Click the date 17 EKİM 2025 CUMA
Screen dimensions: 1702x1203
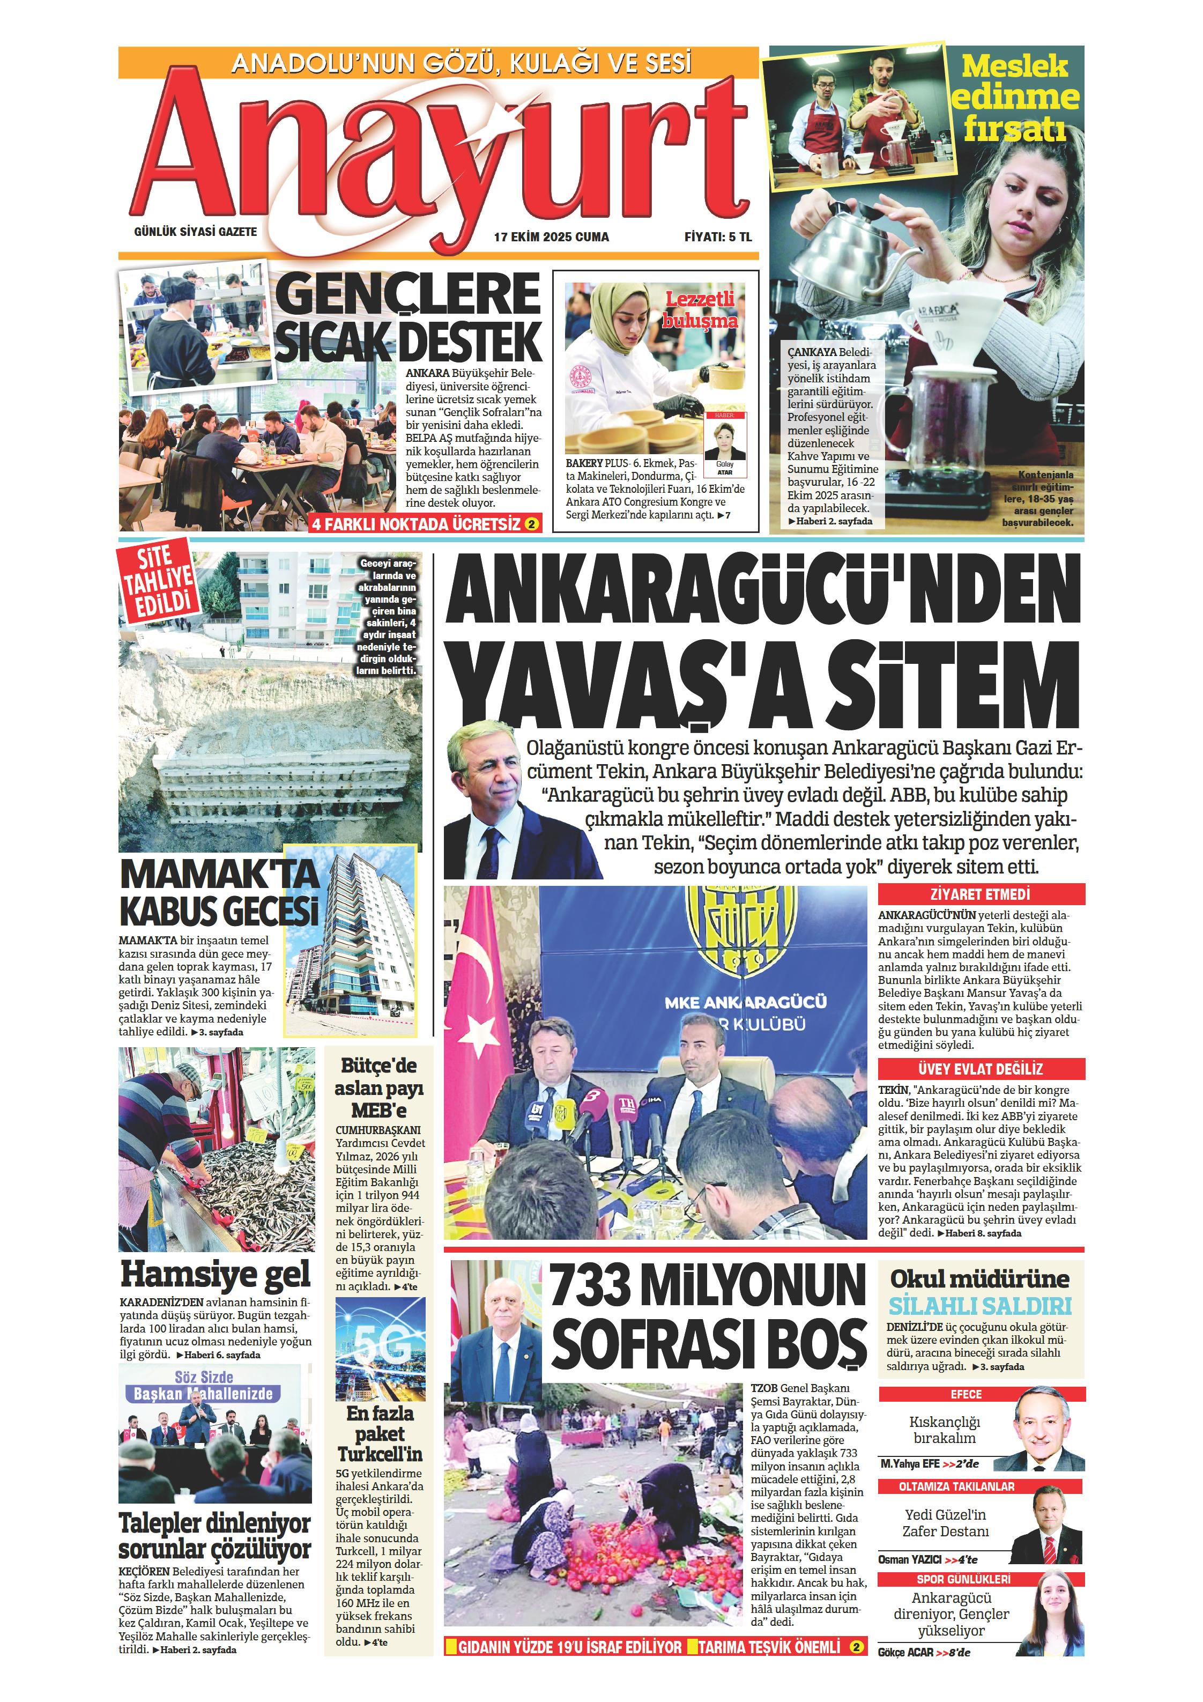pos(552,237)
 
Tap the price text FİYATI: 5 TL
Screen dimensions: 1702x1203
pos(717,237)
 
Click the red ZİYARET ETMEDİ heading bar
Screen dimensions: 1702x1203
pos(980,894)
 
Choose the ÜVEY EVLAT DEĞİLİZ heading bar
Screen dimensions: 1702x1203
pos(980,1069)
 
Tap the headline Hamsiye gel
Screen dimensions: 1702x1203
pos(215,1274)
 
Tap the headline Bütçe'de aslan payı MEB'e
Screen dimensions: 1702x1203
pos(379,1087)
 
